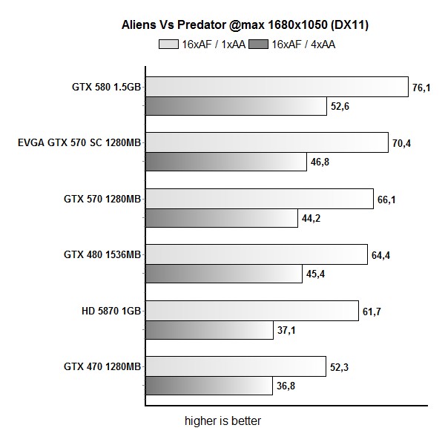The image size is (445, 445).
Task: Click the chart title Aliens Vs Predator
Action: coord(245,25)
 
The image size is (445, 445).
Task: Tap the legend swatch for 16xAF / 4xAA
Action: coord(259,44)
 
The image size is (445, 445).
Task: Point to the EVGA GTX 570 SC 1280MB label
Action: coord(79,142)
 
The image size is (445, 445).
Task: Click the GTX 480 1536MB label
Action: coord(102,254)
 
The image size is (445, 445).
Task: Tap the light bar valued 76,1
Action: coord(277,87)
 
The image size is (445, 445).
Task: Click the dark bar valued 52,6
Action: coord(236,106)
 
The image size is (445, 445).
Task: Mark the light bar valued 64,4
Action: coord(256,254)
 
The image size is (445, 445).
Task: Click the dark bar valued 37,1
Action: coord(208,330)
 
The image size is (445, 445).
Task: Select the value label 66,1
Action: coord(386,199)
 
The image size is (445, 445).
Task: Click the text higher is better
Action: coord(223,421)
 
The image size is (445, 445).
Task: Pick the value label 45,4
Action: coord(315,274)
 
